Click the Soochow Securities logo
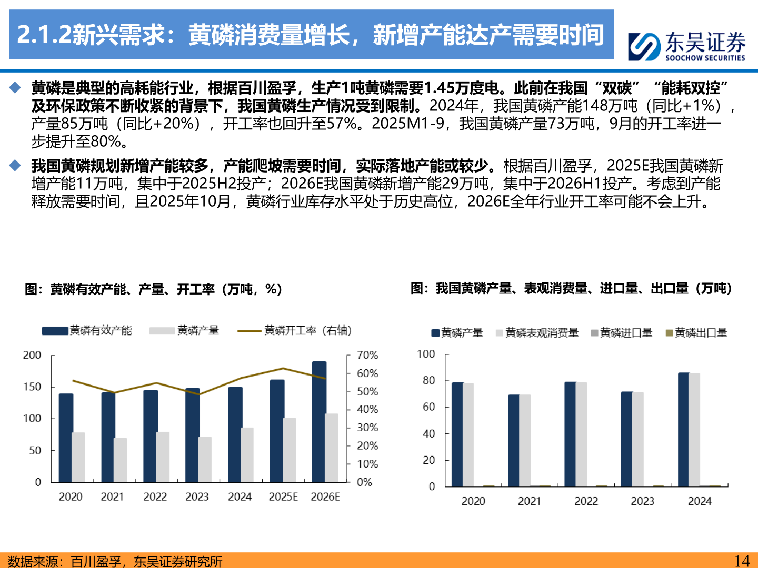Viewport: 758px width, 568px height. click(686, 46)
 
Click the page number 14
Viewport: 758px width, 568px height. click(742, 561)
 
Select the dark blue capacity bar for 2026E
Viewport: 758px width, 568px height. click(319, 421)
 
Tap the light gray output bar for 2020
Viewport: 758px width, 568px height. click(78, 457)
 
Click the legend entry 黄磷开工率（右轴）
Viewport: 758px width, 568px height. click(294, 330)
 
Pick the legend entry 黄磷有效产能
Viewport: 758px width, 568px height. click(87, 330)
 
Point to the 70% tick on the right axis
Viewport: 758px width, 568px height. click(367, 356)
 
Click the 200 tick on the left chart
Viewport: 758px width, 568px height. click(32, 356)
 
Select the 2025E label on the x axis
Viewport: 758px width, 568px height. click(283, 497)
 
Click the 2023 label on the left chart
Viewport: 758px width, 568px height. click(197, 497)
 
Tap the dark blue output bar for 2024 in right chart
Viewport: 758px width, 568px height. click(683, 429)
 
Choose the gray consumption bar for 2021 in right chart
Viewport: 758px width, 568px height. click(525, 440)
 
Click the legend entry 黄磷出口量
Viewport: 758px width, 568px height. click(696, 333)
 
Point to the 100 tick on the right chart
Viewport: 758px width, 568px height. click(426, 354)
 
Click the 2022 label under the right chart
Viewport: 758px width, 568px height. click(586, 501)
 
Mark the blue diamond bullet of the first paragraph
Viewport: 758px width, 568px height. click(15, 88)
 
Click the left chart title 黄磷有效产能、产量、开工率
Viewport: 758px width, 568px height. click(153, 289)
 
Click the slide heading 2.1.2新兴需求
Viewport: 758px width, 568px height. click(311, 35)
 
